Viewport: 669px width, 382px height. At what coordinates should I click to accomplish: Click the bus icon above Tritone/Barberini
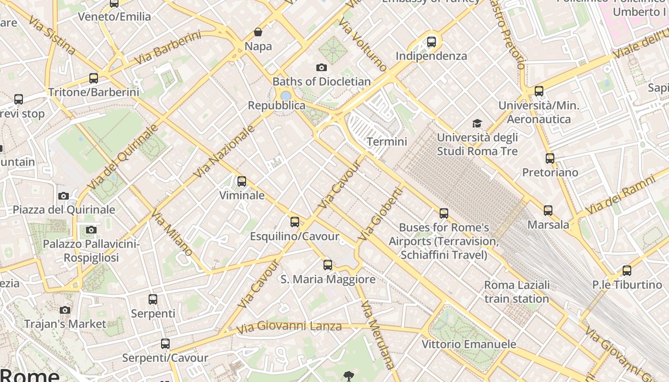[x=94, y=78]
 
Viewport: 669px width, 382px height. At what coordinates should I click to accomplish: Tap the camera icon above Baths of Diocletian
[x=322, y=67]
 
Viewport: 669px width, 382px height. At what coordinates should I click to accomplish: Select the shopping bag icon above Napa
[x=258, y=32]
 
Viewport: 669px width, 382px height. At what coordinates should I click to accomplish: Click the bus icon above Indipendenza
[x=432, y=42]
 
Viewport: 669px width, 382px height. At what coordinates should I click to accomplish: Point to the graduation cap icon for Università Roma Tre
[x=477, y=124]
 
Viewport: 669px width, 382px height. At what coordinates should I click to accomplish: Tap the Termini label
[x=387, y=141]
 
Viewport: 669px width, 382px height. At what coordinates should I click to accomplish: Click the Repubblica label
[x=276, y=106]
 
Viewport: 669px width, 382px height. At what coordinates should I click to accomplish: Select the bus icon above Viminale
[x=242, y=181]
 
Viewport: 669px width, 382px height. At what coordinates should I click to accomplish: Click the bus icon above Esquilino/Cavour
[x=295, y=222]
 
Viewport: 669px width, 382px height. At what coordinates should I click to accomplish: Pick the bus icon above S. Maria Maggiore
[x=328, y=265]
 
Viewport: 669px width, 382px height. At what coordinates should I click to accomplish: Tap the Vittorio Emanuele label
[x=469, y=344]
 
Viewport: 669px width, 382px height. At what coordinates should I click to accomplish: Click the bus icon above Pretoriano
[x=550, y=159]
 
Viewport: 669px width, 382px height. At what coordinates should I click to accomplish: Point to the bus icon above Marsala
[x=548, y=210]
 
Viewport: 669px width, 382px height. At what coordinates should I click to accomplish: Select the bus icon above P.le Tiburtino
[x=627, y=271]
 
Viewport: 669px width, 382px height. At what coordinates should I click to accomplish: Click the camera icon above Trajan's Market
[x=65, y=310]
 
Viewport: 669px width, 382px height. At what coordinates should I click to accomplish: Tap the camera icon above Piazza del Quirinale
[x=64, y=196]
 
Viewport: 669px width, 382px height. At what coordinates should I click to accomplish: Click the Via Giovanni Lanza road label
[x=290, y=327]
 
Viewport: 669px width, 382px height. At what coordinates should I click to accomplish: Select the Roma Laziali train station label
[x=517, y=292]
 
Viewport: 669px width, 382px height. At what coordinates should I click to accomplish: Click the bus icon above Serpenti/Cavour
[x=165, y=344]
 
